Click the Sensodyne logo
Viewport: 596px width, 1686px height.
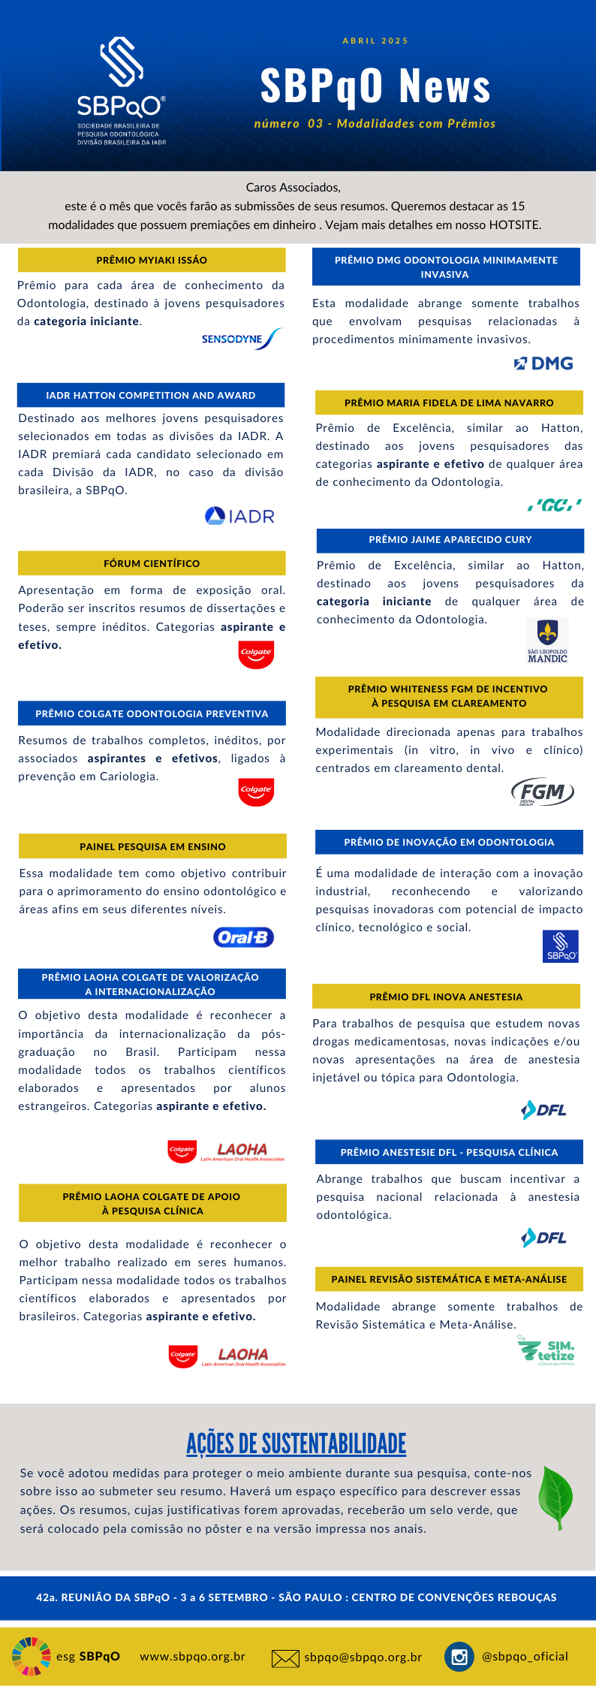point(241,339)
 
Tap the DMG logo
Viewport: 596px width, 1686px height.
point(543,363)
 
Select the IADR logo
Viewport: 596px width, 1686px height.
point(240,516)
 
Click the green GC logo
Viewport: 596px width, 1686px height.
point(554,505)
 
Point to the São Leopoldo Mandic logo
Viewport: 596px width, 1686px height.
point(547,641)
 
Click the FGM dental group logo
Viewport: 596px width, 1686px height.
point(542,792)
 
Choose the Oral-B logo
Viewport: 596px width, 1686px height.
point(243,937)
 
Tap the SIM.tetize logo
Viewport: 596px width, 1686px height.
point(547,1350)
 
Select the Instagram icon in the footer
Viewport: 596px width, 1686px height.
point(459,1656)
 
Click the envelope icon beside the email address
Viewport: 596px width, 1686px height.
point(285,1658)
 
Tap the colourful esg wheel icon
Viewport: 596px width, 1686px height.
point(31,1656)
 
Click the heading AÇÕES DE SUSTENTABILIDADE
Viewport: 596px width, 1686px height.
point(296,1443)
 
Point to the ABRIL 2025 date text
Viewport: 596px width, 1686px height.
point(375,41)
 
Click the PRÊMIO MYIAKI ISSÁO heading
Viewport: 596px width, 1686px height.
point(152,260)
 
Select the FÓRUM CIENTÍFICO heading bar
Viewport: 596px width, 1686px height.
point(152,563)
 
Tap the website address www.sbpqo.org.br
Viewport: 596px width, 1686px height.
point(193,1656)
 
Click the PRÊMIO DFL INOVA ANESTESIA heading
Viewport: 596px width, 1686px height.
point(446,997)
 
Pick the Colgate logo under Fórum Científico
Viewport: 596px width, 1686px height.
point(256,653)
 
